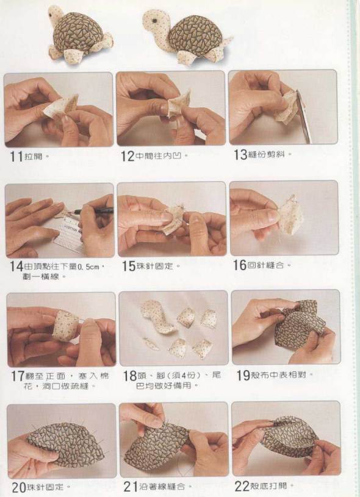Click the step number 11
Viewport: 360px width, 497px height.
click(x=17, y=157)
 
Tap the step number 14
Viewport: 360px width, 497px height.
click(x=16, y=266)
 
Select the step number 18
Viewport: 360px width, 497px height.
click(x=129, y=376)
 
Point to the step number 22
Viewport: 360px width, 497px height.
click(x=242, y=486)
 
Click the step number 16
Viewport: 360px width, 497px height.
click(x=240, y=265)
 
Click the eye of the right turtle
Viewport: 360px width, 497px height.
click(x=154, y=21)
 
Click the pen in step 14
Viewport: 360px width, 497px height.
click(x=93, y=210)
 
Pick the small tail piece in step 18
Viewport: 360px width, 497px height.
click(x=151, y=343)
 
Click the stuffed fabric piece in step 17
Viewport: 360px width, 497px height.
click(x=65, y=326)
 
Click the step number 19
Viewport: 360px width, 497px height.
click(x=243, y=375)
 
